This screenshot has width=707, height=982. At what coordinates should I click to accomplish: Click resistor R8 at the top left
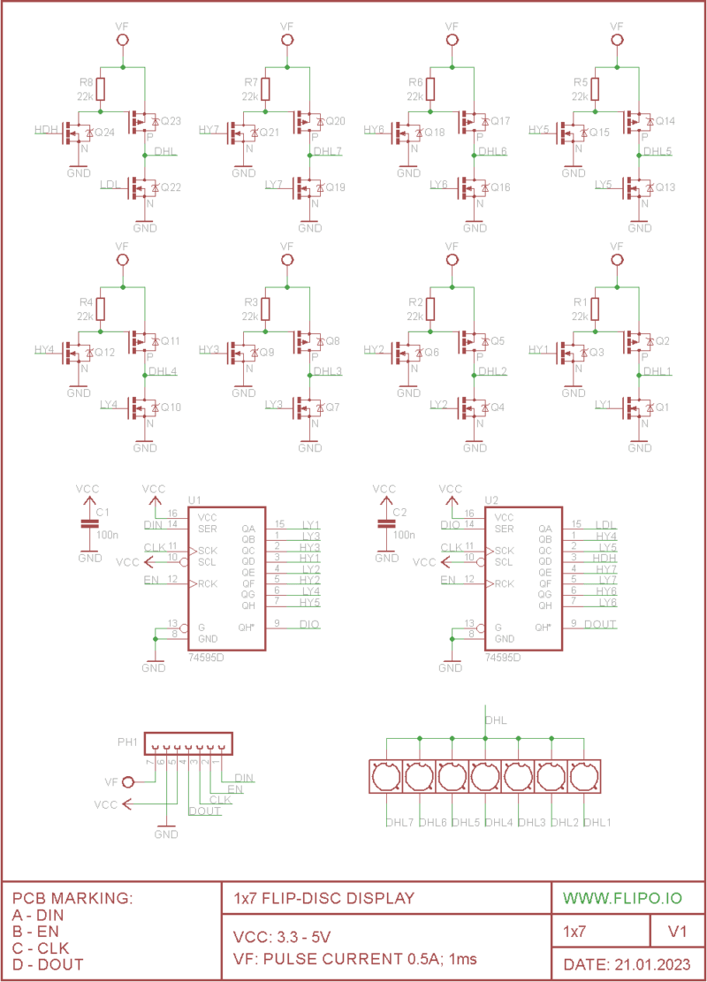(x=100, y=89)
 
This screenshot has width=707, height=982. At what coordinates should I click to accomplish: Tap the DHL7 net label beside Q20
(x=327, y=151)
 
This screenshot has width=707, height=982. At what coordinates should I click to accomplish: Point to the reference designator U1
(x=195, y=499)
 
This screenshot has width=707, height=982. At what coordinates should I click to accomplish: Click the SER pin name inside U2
(x=504, y=529)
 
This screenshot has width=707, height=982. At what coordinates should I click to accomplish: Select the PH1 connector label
(x=127, y=742)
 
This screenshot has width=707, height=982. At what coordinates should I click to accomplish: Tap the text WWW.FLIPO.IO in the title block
(x=622, y=898)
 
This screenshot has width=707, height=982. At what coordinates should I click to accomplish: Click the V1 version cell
(x=678, y=932)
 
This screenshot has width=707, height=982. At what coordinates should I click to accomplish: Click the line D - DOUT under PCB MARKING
(x=49, y=963)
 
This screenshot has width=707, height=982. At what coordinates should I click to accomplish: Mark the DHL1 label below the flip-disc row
(x=597, y=822)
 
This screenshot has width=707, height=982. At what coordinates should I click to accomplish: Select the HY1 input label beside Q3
(x=539, y=350)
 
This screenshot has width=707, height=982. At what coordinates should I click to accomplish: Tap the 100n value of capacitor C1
(x=107, y=535)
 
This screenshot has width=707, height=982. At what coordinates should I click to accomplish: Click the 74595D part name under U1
(x=206, y=658)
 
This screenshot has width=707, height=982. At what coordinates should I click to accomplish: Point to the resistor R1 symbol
(x=595, y=309)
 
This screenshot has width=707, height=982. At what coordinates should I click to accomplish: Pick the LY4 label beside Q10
(x=110, y=405)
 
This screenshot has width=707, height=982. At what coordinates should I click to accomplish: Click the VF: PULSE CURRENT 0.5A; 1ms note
(x=354, y=958)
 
